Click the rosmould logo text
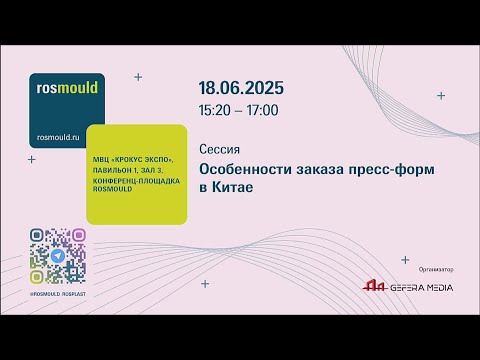[67, 87]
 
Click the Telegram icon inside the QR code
[58, 256]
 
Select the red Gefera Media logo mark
[374, 287]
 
